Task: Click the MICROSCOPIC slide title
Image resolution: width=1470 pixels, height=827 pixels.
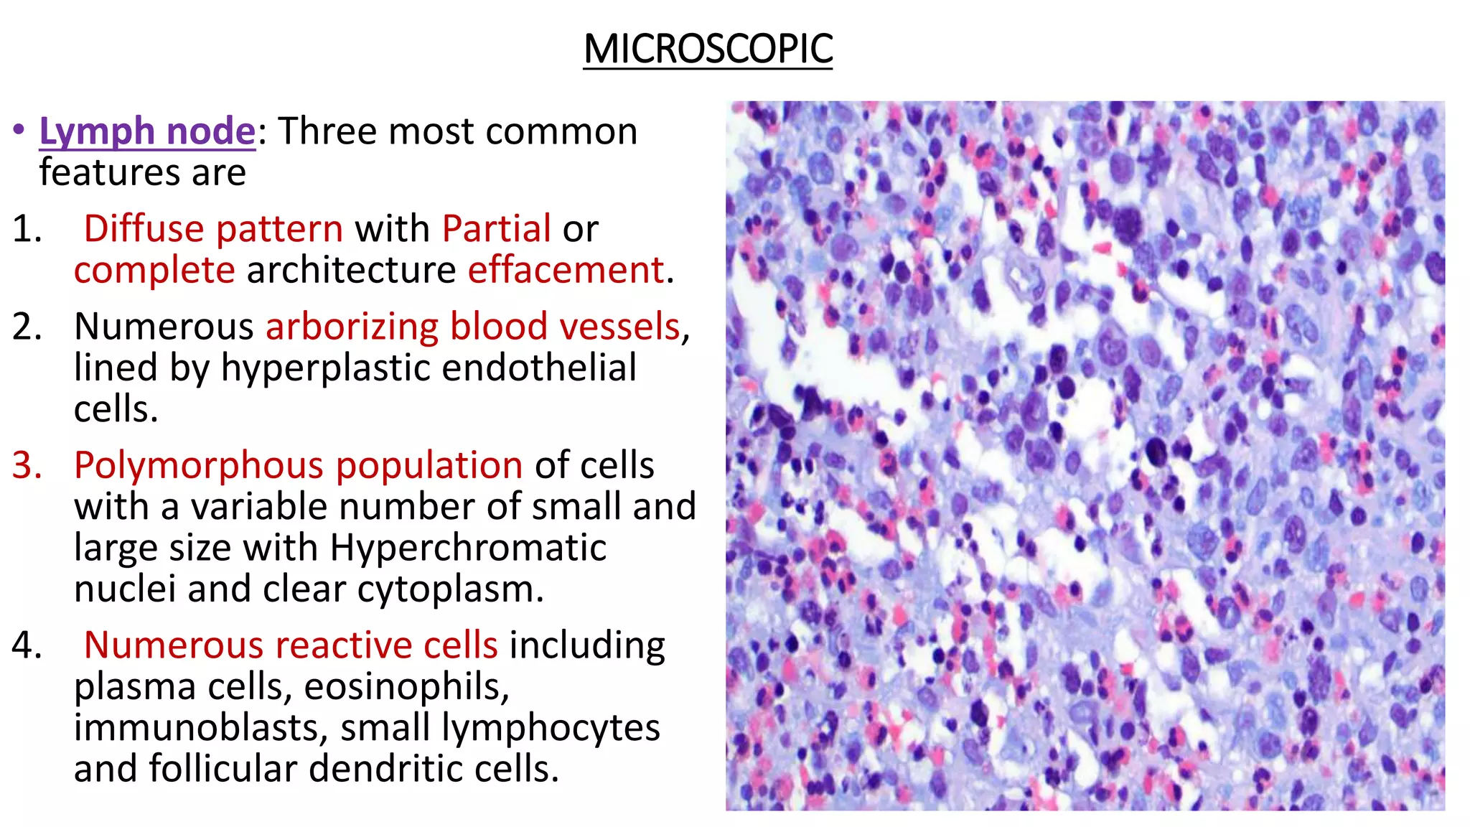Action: tap(708, 50)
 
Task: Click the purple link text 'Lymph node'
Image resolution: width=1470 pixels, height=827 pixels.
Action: tap(147, 131)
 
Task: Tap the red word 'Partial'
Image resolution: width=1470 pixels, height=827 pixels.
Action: tap(497, 229)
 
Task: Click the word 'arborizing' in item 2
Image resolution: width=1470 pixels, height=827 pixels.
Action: tap(352, 327)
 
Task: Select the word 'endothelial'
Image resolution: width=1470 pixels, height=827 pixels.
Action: tap(539, 368)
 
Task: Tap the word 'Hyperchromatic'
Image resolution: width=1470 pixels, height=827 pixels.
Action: tap(468, 548)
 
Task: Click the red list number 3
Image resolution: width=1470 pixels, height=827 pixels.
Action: tap(27, 465)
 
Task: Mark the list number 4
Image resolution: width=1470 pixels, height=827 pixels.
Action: tap(27, 645)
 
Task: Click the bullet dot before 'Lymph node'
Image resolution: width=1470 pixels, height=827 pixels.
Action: tap(19, 131)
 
